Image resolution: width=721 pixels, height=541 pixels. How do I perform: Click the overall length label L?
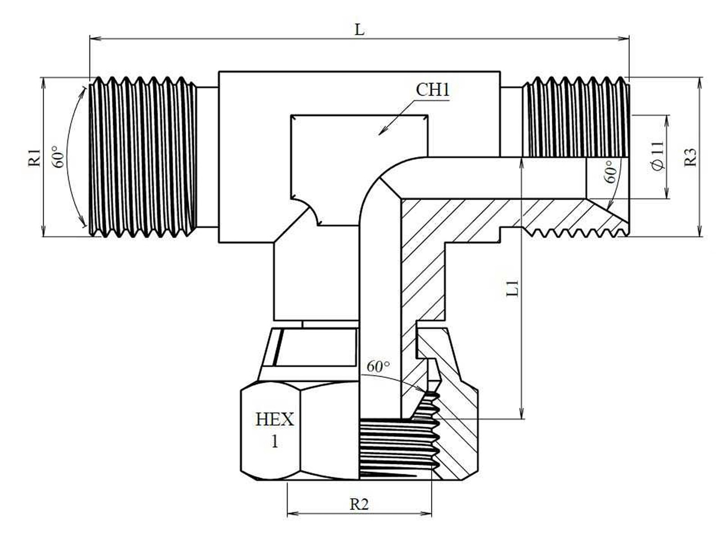(x=360, y=30)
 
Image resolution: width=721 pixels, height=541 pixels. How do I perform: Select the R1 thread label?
(x=35, y=157)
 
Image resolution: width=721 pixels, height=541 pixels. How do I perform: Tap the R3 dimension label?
(x=690, y=157)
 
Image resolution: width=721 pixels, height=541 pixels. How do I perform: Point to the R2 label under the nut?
(x=359, y=504)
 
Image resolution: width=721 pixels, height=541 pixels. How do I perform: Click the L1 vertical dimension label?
(x=512, y=289)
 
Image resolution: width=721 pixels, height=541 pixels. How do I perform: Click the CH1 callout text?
(x=433, y=90)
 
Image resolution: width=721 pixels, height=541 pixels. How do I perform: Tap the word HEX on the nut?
(x=274, y=419)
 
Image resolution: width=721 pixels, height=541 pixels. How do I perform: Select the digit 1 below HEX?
(x=274, y=442)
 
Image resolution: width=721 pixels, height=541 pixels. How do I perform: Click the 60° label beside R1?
(x=59, y=157)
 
